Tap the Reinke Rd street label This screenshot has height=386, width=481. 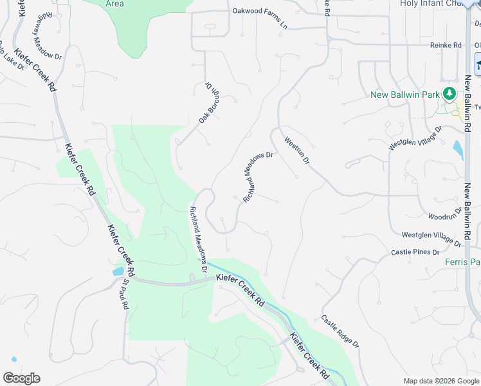[x=446, y=45]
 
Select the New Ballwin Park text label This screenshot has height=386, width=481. [x=405, y=95]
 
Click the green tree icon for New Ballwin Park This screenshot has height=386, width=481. [x=451, y=94]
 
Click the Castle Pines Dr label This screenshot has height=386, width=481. [x=415, y=252]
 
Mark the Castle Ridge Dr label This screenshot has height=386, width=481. [x=340, y=331]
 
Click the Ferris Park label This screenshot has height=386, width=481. [x=462, y=262]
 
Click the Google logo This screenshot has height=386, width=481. [x=21, y=378]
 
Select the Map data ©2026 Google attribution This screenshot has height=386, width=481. [x=440, y=381]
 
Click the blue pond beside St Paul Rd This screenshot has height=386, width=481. [x=118, y=271]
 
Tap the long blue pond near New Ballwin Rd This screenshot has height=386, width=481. [x=457, y=149]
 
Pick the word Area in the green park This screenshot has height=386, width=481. [x=114, y=3]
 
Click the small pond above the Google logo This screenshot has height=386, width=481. [x=12, y=358]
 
